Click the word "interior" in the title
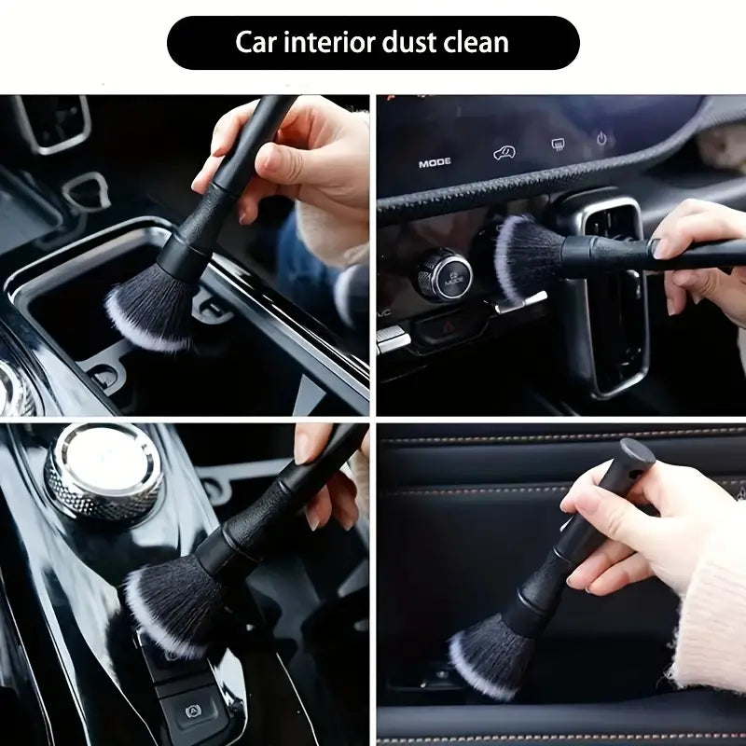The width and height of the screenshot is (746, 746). coord(329,42)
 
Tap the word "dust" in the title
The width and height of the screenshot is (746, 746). coord(409,42)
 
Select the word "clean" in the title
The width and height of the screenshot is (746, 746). coord(477,42)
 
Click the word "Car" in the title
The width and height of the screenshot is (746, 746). coord(256,42)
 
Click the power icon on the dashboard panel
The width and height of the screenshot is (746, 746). coord(601,139)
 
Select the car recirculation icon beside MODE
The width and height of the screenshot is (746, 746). coord(504,153)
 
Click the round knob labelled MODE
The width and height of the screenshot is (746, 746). coord(445,275)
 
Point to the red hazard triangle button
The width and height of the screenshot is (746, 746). coord(449,326)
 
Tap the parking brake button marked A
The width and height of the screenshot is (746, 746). coord(194,711)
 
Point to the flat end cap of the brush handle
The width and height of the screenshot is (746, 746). coord(638,452)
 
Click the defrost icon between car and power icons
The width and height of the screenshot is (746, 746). coord(558,145)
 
